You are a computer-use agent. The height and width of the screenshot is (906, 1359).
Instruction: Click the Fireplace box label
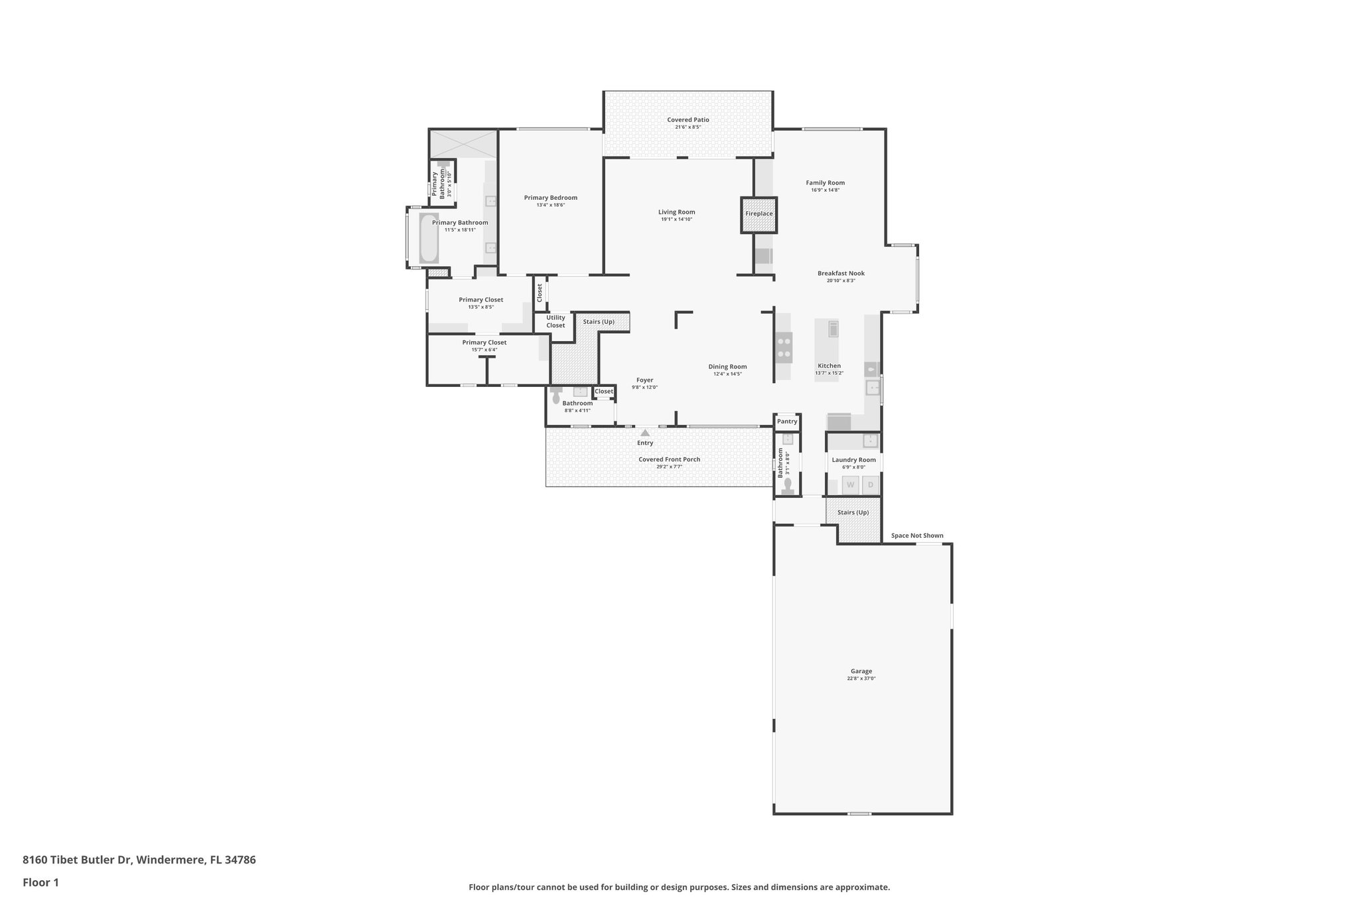tap(758, 214)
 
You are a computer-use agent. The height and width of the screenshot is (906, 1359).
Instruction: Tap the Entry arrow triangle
tap(645, 433)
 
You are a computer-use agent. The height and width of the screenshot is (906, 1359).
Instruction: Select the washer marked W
tap(850, 485)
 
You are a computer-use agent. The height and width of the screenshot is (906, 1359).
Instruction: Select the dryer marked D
tap(871, 485)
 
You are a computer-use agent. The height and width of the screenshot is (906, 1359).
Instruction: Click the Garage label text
tap(861, 671)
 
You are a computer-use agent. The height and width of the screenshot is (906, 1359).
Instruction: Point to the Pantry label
tap(787, 421)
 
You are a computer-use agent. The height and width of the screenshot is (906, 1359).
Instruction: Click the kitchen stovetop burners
tap(784, 347)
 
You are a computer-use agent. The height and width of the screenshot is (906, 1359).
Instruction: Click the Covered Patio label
tap(688, 120)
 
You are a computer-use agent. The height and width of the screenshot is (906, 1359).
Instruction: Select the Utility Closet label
tap(555, 321)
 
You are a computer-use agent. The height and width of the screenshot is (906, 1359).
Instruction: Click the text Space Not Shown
tap(917, 536)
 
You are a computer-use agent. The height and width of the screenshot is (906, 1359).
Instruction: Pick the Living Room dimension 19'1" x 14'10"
tap(676, 219)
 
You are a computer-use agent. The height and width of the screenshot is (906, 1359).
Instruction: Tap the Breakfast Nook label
tap(841, 273)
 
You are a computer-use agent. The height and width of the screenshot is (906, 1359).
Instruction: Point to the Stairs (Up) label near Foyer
tap(599, 322)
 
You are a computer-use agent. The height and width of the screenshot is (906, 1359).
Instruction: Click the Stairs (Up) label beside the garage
tap(853, 512)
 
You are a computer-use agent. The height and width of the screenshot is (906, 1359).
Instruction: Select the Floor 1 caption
tap(40, 883)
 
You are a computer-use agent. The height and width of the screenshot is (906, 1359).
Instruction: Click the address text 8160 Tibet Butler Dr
tap(77, 860)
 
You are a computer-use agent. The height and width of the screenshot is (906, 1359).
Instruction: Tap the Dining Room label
tap(727, 366)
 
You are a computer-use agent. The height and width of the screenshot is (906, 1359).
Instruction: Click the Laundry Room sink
tap(870, 440)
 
